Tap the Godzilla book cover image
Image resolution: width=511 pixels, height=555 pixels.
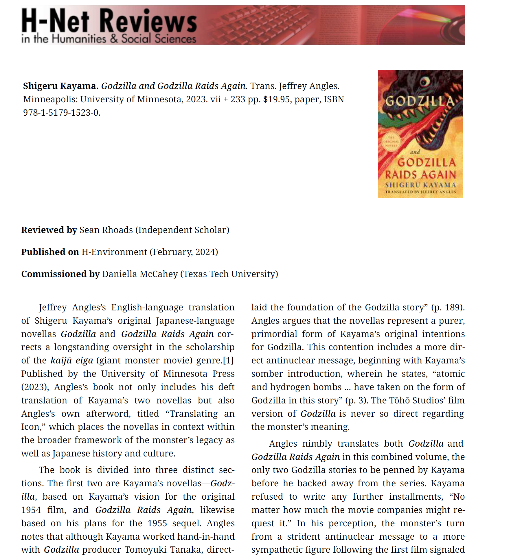coord(420,134)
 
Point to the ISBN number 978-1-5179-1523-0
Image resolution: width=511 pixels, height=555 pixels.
coord(61,113)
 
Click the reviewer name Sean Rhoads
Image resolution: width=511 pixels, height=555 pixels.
coord(106,230)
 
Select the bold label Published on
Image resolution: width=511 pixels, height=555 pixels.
coord(50,252)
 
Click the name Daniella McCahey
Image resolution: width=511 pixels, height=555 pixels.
coord(140,274)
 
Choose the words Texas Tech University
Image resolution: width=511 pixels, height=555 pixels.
coord(229,274)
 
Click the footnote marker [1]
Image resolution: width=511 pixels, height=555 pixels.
coord(228,361)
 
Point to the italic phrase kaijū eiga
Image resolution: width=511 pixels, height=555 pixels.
coord(72,361)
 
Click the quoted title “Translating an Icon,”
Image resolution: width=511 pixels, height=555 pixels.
coord(127,420)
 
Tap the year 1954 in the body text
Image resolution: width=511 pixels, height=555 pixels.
coord(31,510)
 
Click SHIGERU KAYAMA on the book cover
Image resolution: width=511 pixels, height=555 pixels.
coord(420,185)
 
